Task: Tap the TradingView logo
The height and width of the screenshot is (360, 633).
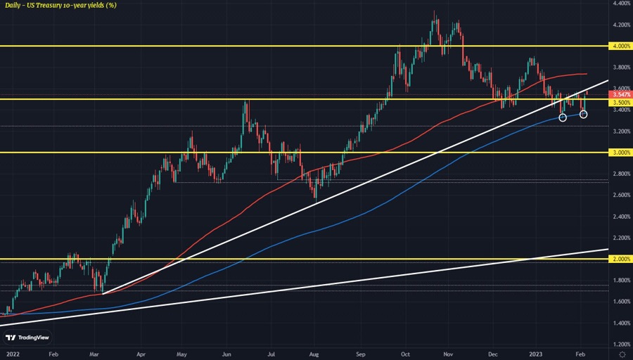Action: (30, 336)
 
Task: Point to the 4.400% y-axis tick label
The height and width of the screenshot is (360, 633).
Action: (620, 4)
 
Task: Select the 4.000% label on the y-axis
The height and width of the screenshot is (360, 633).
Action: (620, 46)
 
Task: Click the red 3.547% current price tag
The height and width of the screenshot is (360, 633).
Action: (620, 94)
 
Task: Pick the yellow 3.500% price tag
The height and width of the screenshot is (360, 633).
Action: (620, 102)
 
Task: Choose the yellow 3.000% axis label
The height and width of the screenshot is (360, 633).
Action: (620, 153)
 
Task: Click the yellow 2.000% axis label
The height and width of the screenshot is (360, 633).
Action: (620, 259)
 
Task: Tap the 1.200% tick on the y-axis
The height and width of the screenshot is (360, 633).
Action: (620, 345)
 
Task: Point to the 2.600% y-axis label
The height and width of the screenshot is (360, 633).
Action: (620, 195)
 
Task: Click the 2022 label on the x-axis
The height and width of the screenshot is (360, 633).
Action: (11, 354)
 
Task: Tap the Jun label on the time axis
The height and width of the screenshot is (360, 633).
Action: (226, 354)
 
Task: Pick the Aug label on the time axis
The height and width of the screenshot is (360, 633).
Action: (314, 354)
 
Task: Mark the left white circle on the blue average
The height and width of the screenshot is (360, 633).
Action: (563, 117)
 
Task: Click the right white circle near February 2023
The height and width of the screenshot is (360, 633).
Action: (584, 114)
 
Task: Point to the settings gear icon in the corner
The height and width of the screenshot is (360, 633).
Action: (622, 354)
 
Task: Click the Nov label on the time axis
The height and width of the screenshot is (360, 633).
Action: (450, 354)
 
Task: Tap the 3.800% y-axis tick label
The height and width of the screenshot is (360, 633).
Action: (620, 67)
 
